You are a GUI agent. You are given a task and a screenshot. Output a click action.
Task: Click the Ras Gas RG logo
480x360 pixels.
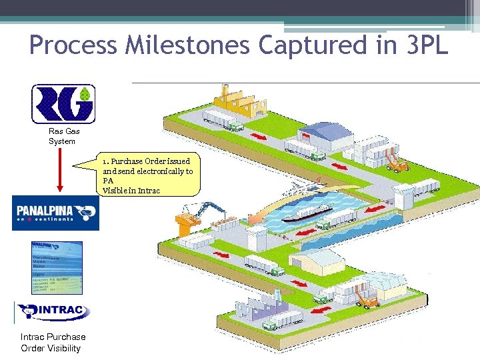64,103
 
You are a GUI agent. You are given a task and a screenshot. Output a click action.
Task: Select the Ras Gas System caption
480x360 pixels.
63,137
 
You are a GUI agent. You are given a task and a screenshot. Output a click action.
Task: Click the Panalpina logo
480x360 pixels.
55,213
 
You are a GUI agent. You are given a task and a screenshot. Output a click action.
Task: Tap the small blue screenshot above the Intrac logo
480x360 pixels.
57,268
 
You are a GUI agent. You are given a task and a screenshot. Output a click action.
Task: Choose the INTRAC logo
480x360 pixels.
53,311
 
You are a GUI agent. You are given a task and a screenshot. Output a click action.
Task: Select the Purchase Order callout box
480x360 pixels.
148,176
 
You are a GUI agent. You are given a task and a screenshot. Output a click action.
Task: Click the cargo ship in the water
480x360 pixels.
307,214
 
